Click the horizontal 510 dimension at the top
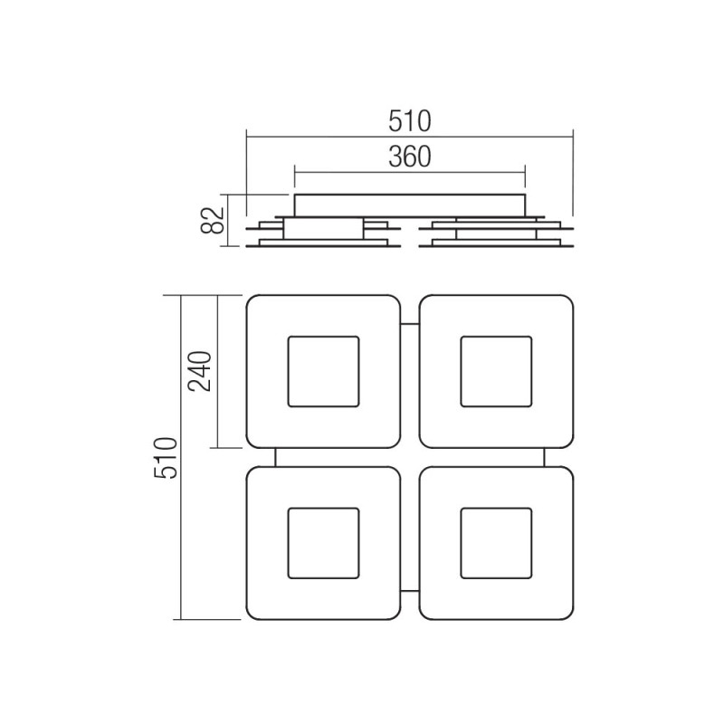[x=409, y=119]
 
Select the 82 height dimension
[x=210, y=221]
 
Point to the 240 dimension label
[x=201, y=370]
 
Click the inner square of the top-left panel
[x=323, y=371]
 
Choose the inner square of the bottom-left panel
[x=323, y=543]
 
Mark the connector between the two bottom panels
[x=410, y=589]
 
